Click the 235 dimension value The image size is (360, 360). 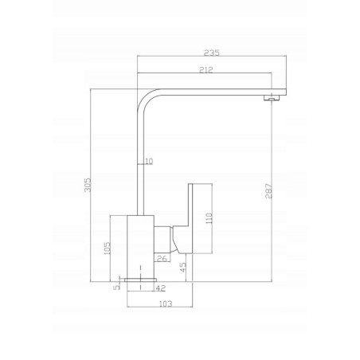(x=212, y=53)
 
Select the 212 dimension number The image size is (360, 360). (x=206, y=70)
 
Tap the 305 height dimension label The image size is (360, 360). (x=88, y=185)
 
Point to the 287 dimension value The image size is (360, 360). (x=268, y=191)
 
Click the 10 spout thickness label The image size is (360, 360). (x=149, y=161)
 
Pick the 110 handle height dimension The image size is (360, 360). (x=209, y=218)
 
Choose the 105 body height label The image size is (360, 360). (x=107, y=248)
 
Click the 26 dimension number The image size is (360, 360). (x=162, y=258)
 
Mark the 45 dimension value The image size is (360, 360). (x=183, y=267)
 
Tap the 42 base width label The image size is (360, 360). (x=160, y=288)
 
